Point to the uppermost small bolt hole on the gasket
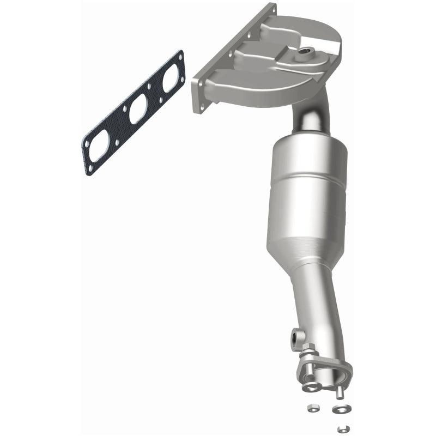179,57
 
